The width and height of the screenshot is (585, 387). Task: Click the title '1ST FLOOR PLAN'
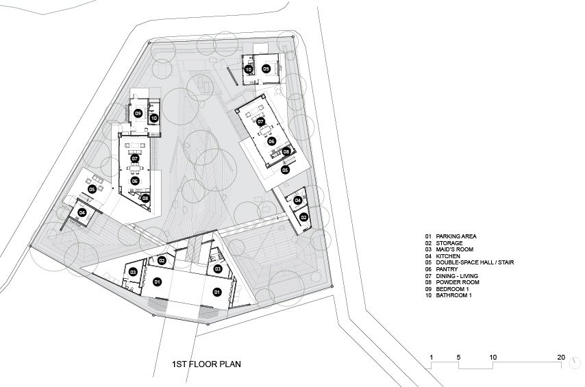(206, 364)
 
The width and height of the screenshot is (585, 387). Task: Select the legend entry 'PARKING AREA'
(456, 236)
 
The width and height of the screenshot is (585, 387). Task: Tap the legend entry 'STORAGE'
(449, 243)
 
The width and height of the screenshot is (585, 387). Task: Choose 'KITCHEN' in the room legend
(448, 256)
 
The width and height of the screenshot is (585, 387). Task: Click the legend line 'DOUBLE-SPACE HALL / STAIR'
(475, 262)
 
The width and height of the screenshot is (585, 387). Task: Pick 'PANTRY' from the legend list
(447, 269)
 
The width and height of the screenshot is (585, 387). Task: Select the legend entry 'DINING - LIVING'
(457, 276)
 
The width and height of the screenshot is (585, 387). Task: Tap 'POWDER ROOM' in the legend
(458, 282)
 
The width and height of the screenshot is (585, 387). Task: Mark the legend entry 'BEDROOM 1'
(452, 289)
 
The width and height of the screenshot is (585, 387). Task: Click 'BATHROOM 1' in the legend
(453, 295)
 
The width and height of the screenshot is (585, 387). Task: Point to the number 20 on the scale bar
(561, 357)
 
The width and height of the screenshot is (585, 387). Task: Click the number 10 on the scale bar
(493, 357)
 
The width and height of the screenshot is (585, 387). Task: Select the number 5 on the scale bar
(458, 357)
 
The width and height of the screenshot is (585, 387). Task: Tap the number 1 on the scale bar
(432, 357)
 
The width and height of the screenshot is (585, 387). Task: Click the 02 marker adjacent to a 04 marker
(303, 217)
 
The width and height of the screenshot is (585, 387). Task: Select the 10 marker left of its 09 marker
(249, 69)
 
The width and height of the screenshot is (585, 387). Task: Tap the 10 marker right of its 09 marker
(154, 118)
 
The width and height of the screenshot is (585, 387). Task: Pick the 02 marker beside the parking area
(162, 260)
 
